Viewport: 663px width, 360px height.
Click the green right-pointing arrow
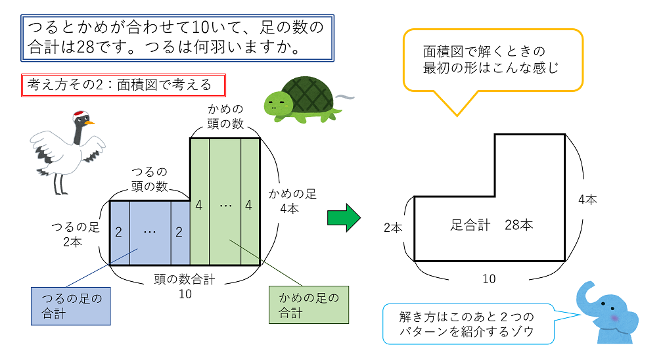pyautogui.click(x=344, y=217)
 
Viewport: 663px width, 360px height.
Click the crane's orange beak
pyautogui.click(x=89, y=122)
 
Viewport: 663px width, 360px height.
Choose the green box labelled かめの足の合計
pyautogui.click(x=308, y=305)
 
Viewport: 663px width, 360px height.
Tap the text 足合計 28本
pyautogui.click(x=492, y=225)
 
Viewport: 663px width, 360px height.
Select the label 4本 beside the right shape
pyautogui.click(x=587, y=200)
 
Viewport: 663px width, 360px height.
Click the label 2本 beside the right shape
pyautogui.click(x=393, y=227)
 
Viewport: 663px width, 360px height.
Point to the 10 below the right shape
pyautogui.click(x=489, y=279)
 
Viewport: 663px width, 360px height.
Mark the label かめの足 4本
pyautogui.click(x=292, y=201)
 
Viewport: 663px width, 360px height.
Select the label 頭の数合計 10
pyautogui.click(x=185, y=286)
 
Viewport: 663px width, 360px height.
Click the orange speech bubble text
pyautogui.click(x=492, y=60)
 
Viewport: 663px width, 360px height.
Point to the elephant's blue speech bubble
pyautogui.click(x=467, y=324)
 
